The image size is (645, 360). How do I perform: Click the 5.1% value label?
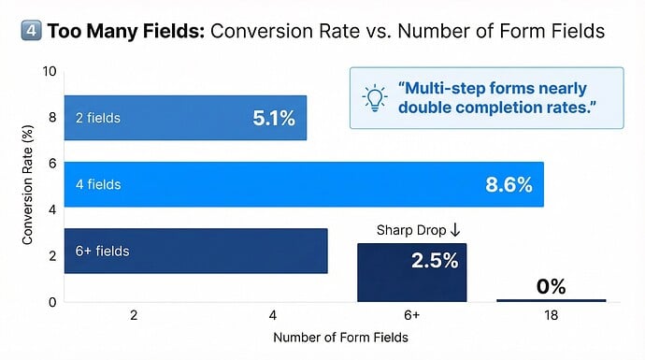(x=273, y=119)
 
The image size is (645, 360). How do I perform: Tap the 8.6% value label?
(x=509, y=185)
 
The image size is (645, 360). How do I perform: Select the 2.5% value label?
(x=435, y=261)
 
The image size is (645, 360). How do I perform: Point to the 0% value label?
(x=551, y=286)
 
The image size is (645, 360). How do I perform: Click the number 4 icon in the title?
(x=29, y=32)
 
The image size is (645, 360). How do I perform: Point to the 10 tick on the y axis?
(x=50, y=72)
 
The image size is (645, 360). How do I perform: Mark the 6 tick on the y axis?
(x=53, y=164)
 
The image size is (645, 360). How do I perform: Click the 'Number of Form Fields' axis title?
(x=339, y=338)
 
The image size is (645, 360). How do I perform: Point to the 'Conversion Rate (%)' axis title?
(x=28, y=187)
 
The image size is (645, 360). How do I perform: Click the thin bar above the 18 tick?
(x=551, y=300)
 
